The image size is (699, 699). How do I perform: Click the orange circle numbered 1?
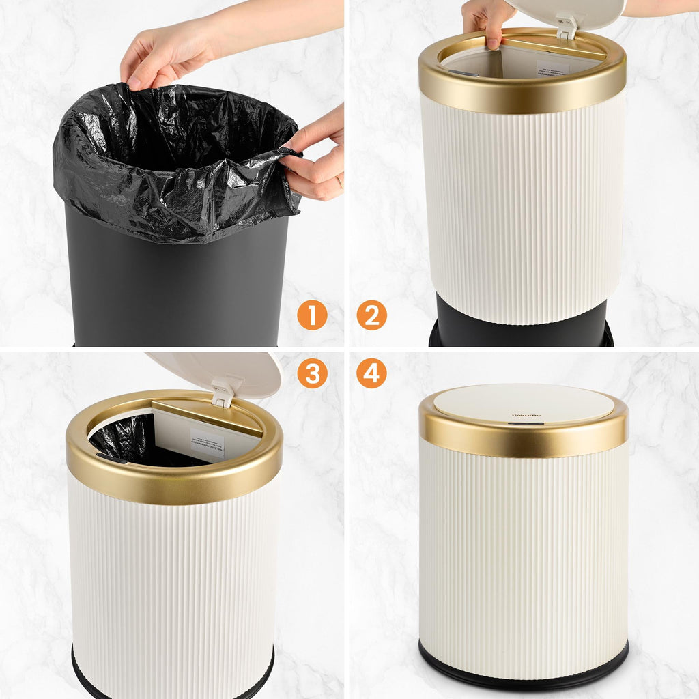pyautogui.click(x=312, y=315)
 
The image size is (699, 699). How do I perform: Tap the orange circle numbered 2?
pyautogui.click(x=372, y=315)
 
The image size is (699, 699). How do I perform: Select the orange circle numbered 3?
pyautogui.click(x=312, y=373)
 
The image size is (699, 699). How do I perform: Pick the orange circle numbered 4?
pyautogui.click(x=372, y=373)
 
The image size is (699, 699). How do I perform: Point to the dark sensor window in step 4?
pyautogui.click(x=526, y=423)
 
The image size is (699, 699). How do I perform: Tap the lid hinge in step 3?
pyautogui.click(x=223, y=392)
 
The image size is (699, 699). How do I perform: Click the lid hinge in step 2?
pyautogui.click(x=565, y=25)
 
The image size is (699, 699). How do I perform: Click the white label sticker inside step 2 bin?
pyautogui.click(x=553, y=68)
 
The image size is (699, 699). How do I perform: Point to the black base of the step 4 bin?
pyautogui.click(x=524, y=666)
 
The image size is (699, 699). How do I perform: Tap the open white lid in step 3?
pyautogui.click(x=225, y=372)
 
